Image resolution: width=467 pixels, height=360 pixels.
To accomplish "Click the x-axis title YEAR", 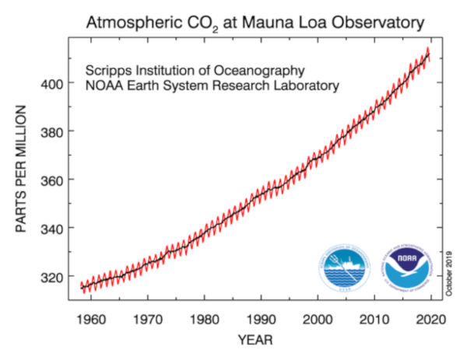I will point(257,340).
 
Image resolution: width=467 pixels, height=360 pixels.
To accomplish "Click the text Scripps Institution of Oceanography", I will point(195,68).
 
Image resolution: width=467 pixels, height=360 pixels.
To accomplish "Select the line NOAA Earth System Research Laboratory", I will point(212,85).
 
